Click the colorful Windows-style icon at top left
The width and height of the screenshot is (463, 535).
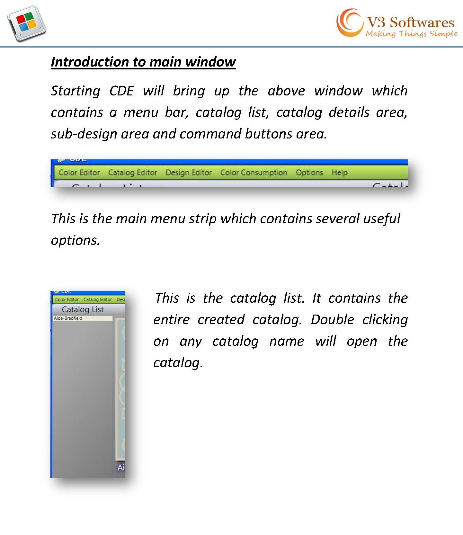click(x=27, y=23)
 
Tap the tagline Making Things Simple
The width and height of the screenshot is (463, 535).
click(x=411, y=34)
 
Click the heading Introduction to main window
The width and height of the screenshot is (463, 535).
click(x=143, y=62)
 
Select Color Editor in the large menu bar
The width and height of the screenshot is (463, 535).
click(x=79, y=173)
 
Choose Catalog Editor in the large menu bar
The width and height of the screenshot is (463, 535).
click(x=132, y=173)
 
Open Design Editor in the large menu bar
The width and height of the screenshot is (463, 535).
click(x=189, y=173)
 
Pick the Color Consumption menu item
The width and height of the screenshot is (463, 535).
click(x=254, y=173)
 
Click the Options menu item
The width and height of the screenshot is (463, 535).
click(x=309, y=173)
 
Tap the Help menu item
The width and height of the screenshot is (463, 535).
click(x=339, y=173)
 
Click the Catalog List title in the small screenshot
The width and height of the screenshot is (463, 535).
click(x=83, y=309)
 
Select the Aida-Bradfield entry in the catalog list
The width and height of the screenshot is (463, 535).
click(x=68, y=318)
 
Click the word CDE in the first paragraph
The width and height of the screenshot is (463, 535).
click(x=121, y=91)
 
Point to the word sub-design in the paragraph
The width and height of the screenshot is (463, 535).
click(x=84, y=134)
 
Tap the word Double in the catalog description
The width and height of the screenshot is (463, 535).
click(x=332, y=320)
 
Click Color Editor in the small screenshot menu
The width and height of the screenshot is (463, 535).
click(x=67, y=299)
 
